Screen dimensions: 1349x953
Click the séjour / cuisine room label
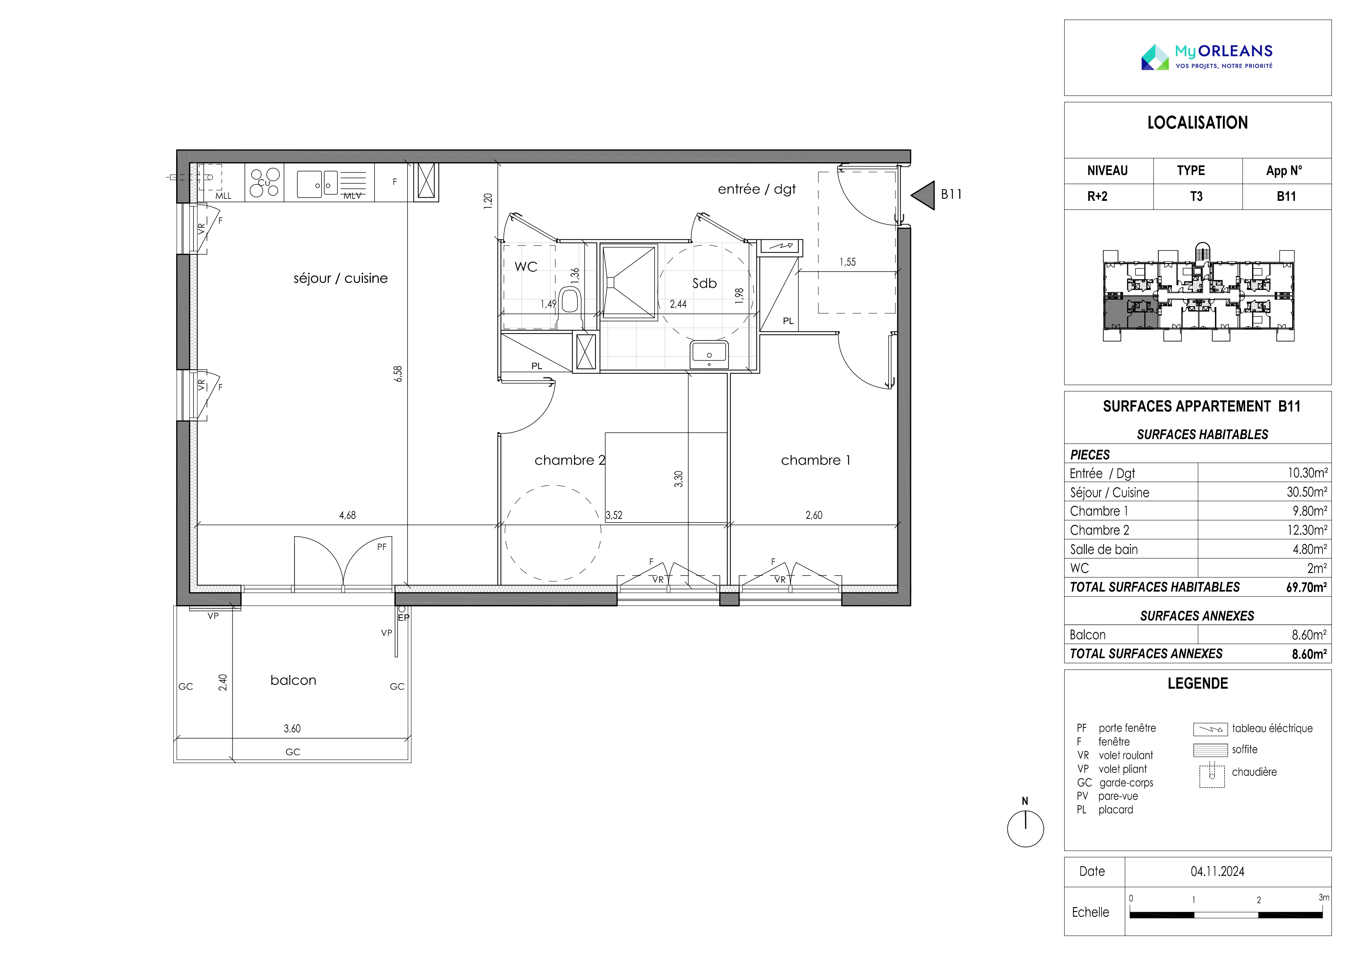341,278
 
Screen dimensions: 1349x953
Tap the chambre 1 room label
815,460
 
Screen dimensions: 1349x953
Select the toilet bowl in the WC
570,299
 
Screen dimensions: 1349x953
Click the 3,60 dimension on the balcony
292,729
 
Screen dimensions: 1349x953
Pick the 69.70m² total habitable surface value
1306,587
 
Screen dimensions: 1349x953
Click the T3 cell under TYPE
1196,197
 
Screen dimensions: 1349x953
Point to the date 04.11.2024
1217,872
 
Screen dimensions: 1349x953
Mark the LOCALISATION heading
1197,123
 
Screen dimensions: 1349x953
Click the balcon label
293,680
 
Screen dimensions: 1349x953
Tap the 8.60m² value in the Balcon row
1309,635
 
